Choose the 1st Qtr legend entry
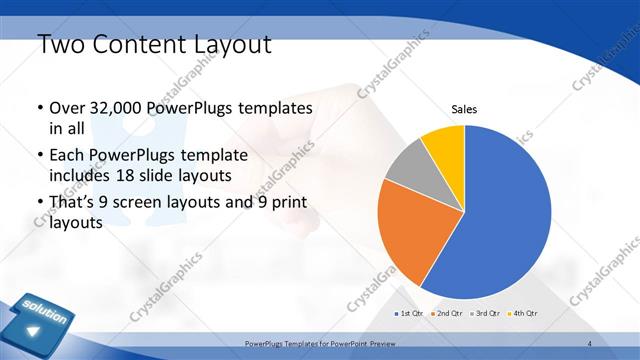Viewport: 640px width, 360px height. pos(408,313)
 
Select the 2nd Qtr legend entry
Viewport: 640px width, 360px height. pos(446,313)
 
